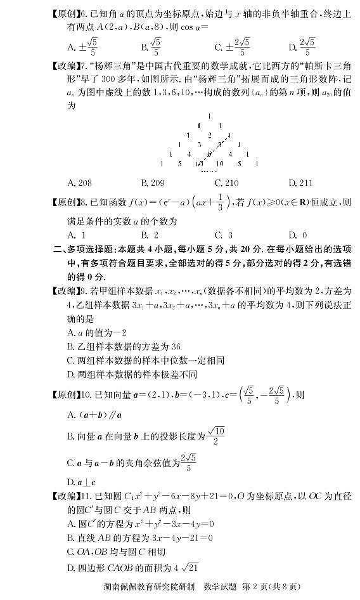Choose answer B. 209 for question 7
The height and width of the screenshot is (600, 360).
click(153, 183)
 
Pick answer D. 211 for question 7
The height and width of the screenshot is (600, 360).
click(300, 183)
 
